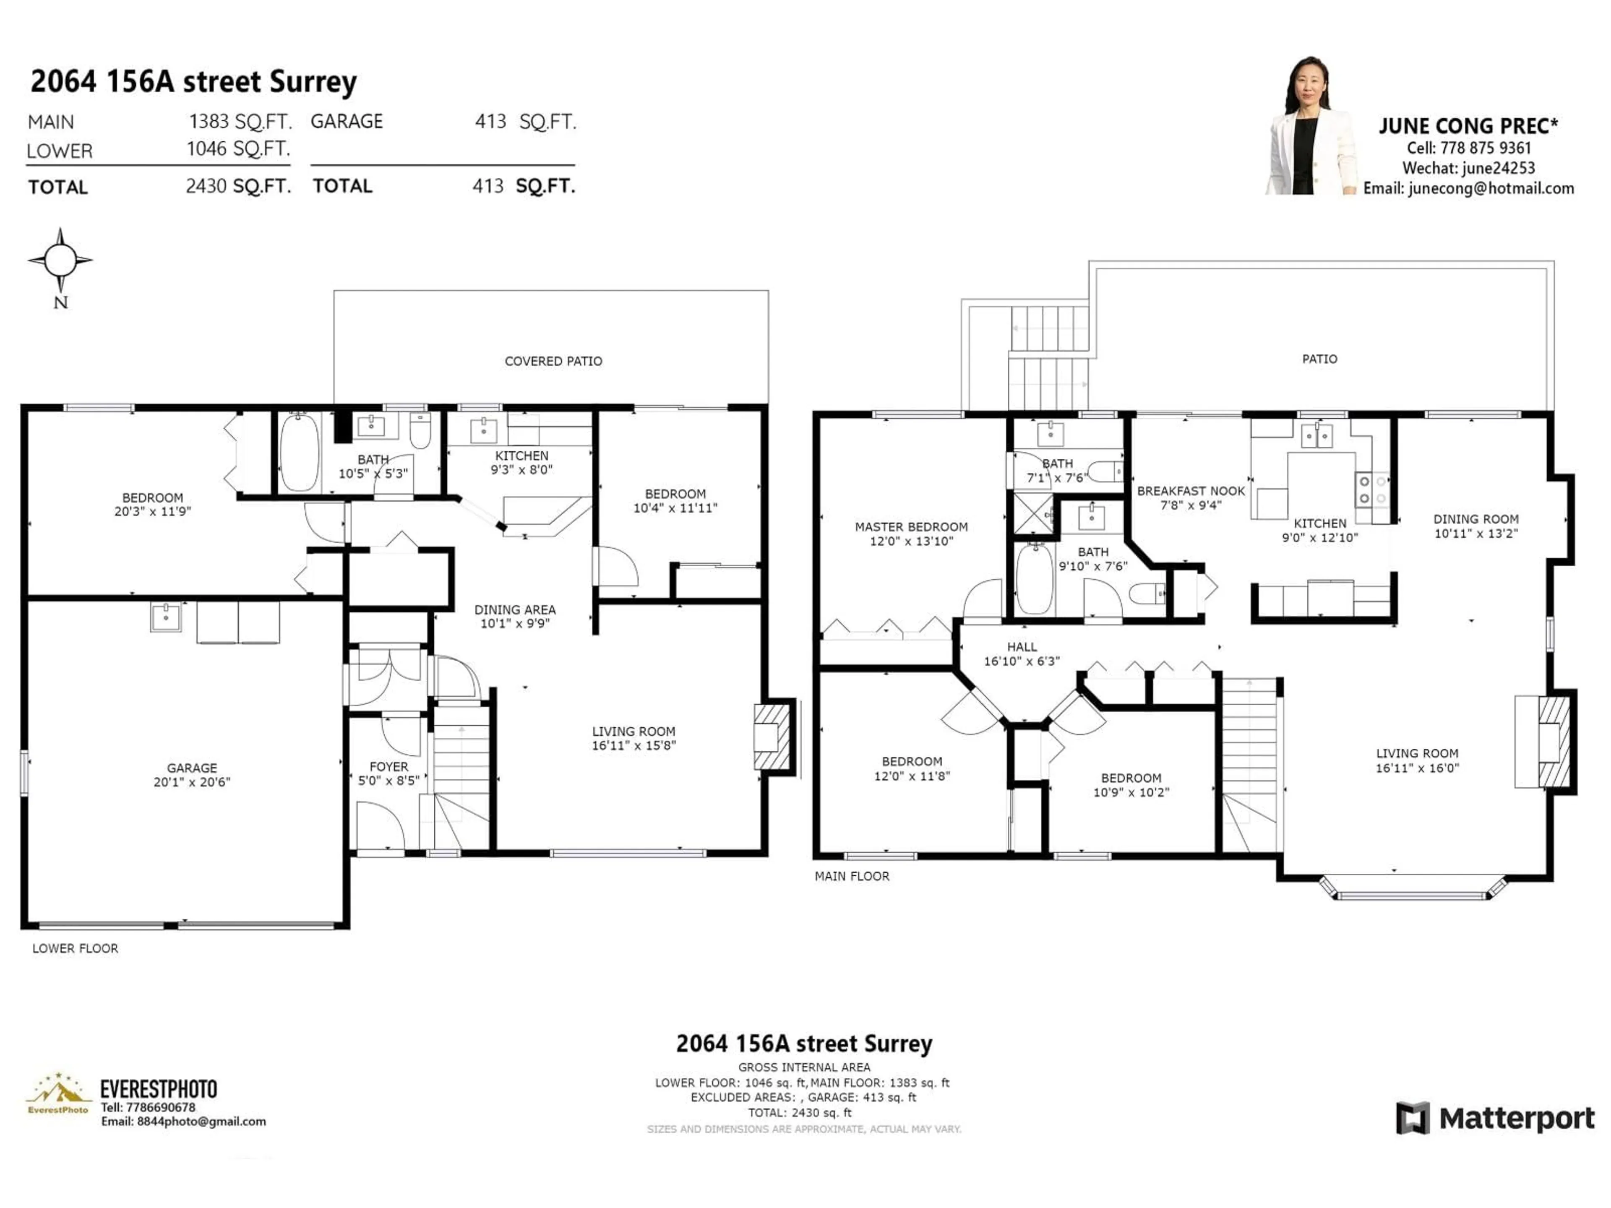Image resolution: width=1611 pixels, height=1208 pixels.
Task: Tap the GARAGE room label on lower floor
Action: point(192,768)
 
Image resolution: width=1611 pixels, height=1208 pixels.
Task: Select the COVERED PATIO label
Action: point(553,361)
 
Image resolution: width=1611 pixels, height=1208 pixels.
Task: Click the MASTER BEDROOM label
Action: point(911,526)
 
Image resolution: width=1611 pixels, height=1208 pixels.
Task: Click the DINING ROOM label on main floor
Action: point(1475,519)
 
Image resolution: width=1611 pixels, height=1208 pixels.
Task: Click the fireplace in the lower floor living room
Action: point(772,737)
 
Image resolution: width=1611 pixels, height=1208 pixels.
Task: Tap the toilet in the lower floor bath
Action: point(420,431)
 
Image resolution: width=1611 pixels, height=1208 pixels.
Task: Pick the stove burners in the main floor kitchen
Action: point(1372,490)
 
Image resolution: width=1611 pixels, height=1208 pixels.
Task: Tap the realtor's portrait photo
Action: point(1311,128)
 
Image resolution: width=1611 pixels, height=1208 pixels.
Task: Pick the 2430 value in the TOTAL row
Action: point(206,186)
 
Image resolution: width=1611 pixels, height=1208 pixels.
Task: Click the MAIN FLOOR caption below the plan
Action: point(851,876)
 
